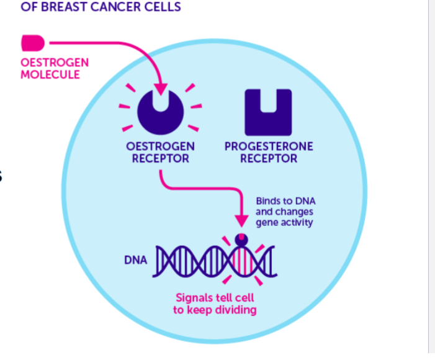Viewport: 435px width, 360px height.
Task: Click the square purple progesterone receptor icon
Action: pos(268,112)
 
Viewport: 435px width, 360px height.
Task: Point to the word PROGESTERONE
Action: pos(269,147)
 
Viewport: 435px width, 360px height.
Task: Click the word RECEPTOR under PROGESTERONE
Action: pos(269,159)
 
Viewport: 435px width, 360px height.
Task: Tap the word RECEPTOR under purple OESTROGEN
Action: pos(161,159)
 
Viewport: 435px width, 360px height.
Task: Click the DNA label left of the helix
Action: pos(136,260)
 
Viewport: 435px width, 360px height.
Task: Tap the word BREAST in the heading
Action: pos(65,7)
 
